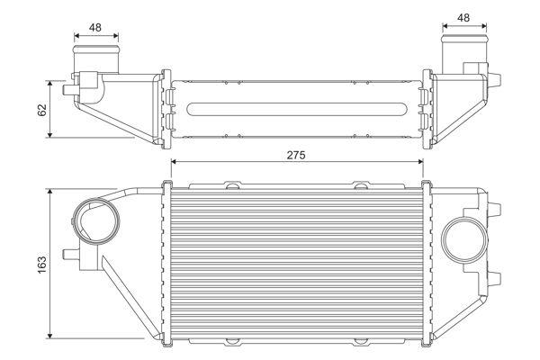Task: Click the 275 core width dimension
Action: point(296,155)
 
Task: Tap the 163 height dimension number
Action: point(40,265)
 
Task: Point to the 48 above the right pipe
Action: point(463,18)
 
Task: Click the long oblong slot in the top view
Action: point(296,110)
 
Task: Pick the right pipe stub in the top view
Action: point(463,48)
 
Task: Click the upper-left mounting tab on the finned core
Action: point(233,186)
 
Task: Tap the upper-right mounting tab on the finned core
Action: point(361,186)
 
